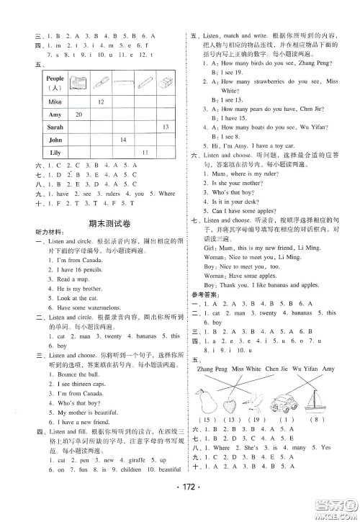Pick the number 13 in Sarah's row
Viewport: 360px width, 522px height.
click(165, 127)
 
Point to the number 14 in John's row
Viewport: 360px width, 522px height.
click(122, 140)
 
